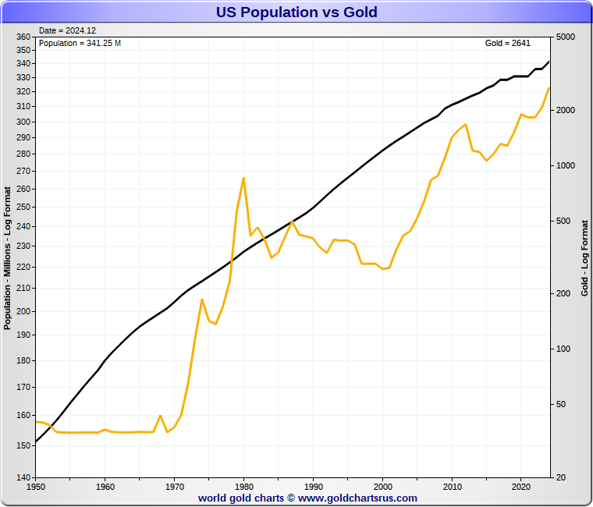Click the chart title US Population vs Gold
296,12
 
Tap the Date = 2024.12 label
67,30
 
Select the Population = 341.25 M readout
80,43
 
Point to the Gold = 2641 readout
508,43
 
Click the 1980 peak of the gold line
243,178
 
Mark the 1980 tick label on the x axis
243,487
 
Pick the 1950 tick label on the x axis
36,487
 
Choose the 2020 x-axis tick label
521,487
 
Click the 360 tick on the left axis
23,37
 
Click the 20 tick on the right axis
560,477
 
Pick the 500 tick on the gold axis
563,222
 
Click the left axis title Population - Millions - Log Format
8,257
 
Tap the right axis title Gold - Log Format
585,257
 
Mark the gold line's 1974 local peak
202,300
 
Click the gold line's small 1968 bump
160,416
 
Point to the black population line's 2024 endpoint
549,62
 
